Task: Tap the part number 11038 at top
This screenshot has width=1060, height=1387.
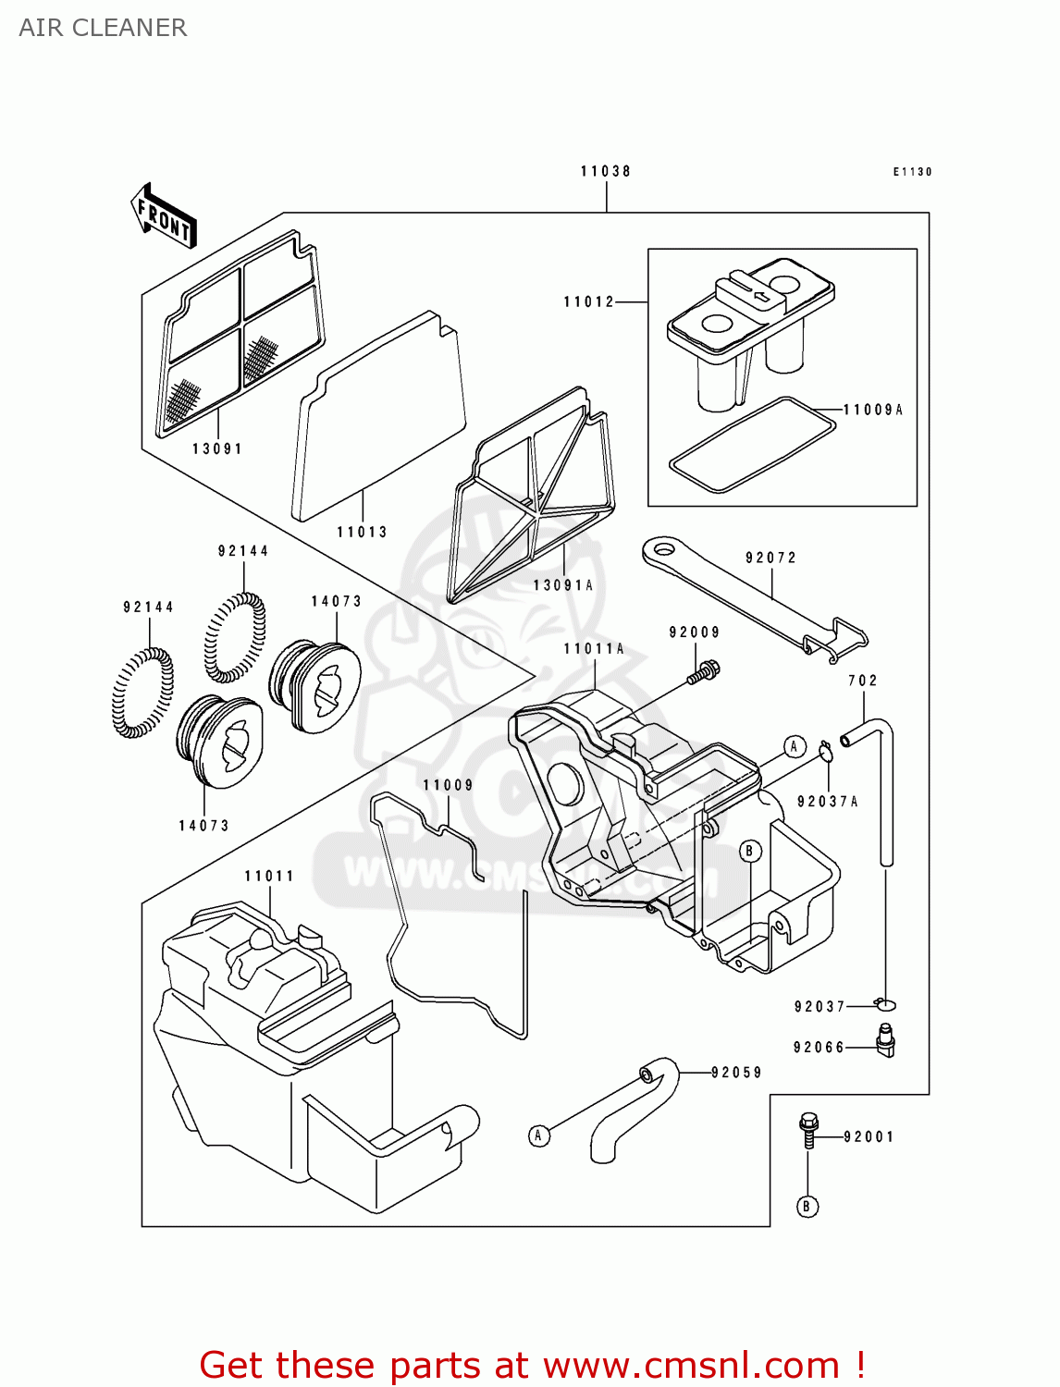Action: [606, 171]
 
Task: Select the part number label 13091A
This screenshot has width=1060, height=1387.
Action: [563, 585]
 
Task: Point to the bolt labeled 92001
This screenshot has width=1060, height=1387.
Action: [808, 1129]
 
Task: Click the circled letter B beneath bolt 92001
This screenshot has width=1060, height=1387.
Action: [807, 1207]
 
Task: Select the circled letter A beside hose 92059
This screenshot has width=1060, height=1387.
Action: [539, 1135]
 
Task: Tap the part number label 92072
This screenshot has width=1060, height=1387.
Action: [770, 558]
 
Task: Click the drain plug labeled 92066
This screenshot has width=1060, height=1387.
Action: [885, 1042]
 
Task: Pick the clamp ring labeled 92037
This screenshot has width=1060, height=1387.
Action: [886, 1005]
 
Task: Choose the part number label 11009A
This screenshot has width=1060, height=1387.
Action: [872, 410]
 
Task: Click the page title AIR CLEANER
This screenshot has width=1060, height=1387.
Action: [103, 28]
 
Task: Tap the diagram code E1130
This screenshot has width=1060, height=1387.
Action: [912, 172]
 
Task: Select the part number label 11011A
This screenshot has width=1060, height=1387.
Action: [594, 649]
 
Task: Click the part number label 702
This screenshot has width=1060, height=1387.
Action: [863, 681]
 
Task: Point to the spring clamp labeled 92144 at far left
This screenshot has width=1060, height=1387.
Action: [142, 693]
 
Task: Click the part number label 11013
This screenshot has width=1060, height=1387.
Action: [362, 532]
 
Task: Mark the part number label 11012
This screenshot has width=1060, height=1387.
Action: [589, 301]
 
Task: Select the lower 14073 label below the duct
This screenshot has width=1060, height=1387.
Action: [203, 826]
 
